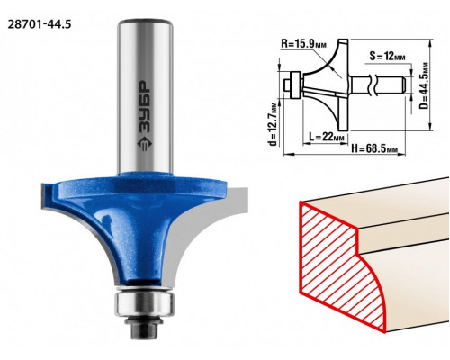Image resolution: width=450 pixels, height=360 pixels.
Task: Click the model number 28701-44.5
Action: tap(40, 24)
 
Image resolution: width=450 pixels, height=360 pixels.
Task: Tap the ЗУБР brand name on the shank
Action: tap(145, 107)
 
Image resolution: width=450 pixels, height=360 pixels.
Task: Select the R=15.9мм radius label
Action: tap(303, 44)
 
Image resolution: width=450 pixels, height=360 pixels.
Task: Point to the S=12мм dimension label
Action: tap(387, 56)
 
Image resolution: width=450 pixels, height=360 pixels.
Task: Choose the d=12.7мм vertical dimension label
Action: tap(273, 124)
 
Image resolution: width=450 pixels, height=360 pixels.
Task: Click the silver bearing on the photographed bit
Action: tap(145, 303)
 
